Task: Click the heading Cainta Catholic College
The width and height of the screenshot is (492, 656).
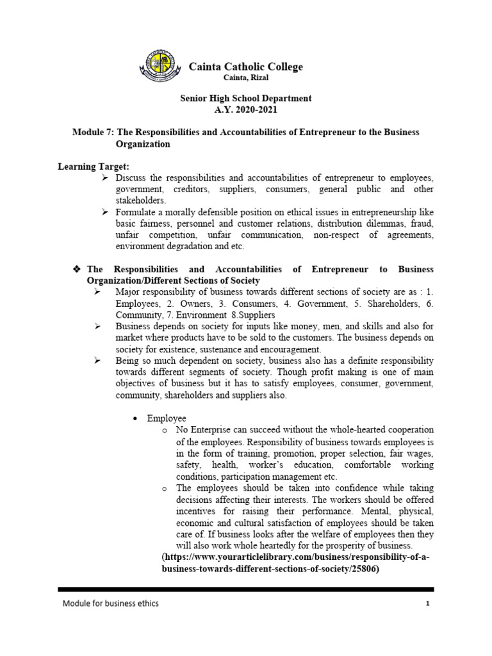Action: pos(245,67)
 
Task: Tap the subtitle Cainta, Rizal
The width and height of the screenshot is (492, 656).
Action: pos(245,78)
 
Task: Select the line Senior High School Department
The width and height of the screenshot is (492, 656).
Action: pos(245,99)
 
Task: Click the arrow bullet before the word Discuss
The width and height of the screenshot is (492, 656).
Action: pos(106,177)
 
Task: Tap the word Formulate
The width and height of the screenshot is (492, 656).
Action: pos(138,212)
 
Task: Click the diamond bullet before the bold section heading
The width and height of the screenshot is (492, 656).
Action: pos(78,270)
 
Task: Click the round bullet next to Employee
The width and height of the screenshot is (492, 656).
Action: pos(135,418)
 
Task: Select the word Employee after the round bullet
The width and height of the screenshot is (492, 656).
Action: pos(167,418)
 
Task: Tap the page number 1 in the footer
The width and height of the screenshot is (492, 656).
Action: pos(426,603)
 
